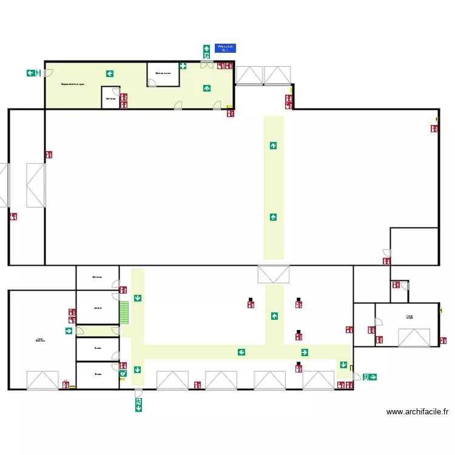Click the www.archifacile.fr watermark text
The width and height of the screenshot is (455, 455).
click(x=417, y=412)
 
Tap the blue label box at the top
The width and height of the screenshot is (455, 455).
click(x=225, y=48)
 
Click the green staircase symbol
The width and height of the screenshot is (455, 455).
click(x=124, y=313)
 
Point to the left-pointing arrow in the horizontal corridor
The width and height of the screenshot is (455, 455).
click(x=241, y=352)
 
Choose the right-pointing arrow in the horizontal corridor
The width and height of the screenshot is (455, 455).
click(x=304, y=352)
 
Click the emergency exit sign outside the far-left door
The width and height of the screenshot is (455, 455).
click(x=33, y=73)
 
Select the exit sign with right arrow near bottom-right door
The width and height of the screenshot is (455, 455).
click(x=369, y=377)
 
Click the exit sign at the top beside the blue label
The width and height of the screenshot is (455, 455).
click(x=207, y=52)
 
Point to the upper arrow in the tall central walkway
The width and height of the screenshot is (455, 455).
click(x=274, y=145)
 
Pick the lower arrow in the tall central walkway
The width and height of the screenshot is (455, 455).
click(x=274, y=217)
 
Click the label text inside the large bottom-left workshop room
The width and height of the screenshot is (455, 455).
click(x=41, y=340)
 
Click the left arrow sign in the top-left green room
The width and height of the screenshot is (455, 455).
click(x=110, y=73)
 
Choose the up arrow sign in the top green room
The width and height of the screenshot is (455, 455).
click(x=207, y=88)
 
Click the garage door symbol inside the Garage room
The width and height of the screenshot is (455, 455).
click(x=414, y=338)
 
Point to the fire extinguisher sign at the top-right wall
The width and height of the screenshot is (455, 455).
click(x=434, y=129)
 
